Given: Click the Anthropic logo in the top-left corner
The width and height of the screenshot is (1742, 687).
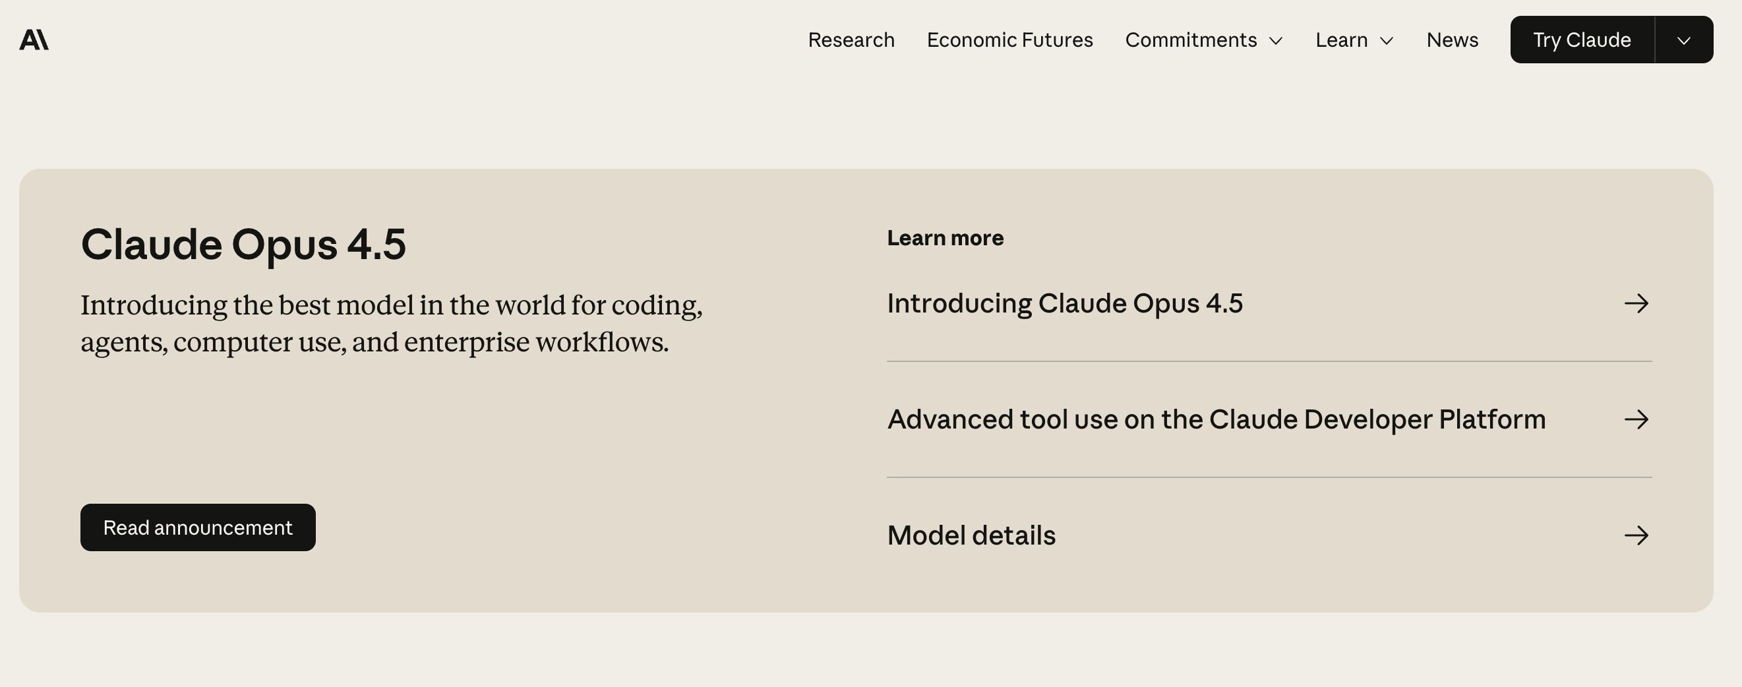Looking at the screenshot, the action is tap(34, 40).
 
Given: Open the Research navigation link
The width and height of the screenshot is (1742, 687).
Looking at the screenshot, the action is tap(851, 40).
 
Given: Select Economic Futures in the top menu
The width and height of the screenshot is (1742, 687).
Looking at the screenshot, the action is tap(1009, 40).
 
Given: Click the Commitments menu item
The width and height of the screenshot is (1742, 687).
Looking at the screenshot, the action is tap(1191, 40).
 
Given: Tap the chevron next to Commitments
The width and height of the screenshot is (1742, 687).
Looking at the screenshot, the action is tap(1276, 42).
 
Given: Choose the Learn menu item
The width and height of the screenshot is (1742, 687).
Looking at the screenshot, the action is tap(1342, 40).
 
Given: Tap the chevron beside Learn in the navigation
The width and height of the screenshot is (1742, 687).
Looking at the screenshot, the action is tap(1387, 42).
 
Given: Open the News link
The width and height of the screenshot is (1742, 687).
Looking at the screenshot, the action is tap(1453, 40).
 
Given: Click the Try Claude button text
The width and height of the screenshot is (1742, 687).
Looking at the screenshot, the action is tap(1582, 40).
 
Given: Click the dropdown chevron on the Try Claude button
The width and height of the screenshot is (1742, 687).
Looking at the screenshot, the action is tap(1684, 41).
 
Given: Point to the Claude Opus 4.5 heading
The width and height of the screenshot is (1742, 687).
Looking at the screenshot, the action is tap(243, 244).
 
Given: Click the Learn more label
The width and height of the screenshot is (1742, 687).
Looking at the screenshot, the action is tap(946, 238).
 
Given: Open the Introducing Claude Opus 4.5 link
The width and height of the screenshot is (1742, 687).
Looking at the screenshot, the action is tap(1065, 303).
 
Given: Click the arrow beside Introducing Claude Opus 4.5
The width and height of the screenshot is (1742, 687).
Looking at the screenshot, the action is tap(1637, 303).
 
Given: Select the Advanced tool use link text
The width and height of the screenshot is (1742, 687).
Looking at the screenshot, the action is tap(1216, 420).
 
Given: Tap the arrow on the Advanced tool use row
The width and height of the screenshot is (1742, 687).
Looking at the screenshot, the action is tap(1637, 420).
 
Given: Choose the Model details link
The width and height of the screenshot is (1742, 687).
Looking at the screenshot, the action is tap(971, 535).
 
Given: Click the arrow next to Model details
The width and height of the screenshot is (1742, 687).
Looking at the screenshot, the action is tap(1637, 535).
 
